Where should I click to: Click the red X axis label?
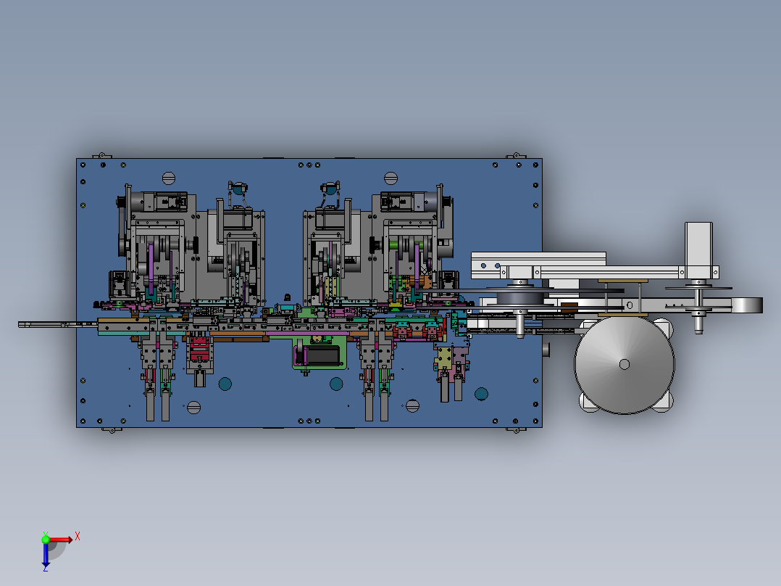click(x=78, y=537)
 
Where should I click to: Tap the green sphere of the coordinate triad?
click(x=46, y=540)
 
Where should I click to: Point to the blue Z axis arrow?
click(x=46, y=555)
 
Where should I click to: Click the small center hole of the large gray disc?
click(x=624, y=365)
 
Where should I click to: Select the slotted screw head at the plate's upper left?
click(x=169, y=178)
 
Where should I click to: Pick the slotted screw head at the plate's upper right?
click(x=391, y=178)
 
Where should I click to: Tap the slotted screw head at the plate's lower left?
click(x=193, y=408)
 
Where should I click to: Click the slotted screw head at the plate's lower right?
click(x=412, y=406)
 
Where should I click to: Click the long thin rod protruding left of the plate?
click(x=57, y=325)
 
